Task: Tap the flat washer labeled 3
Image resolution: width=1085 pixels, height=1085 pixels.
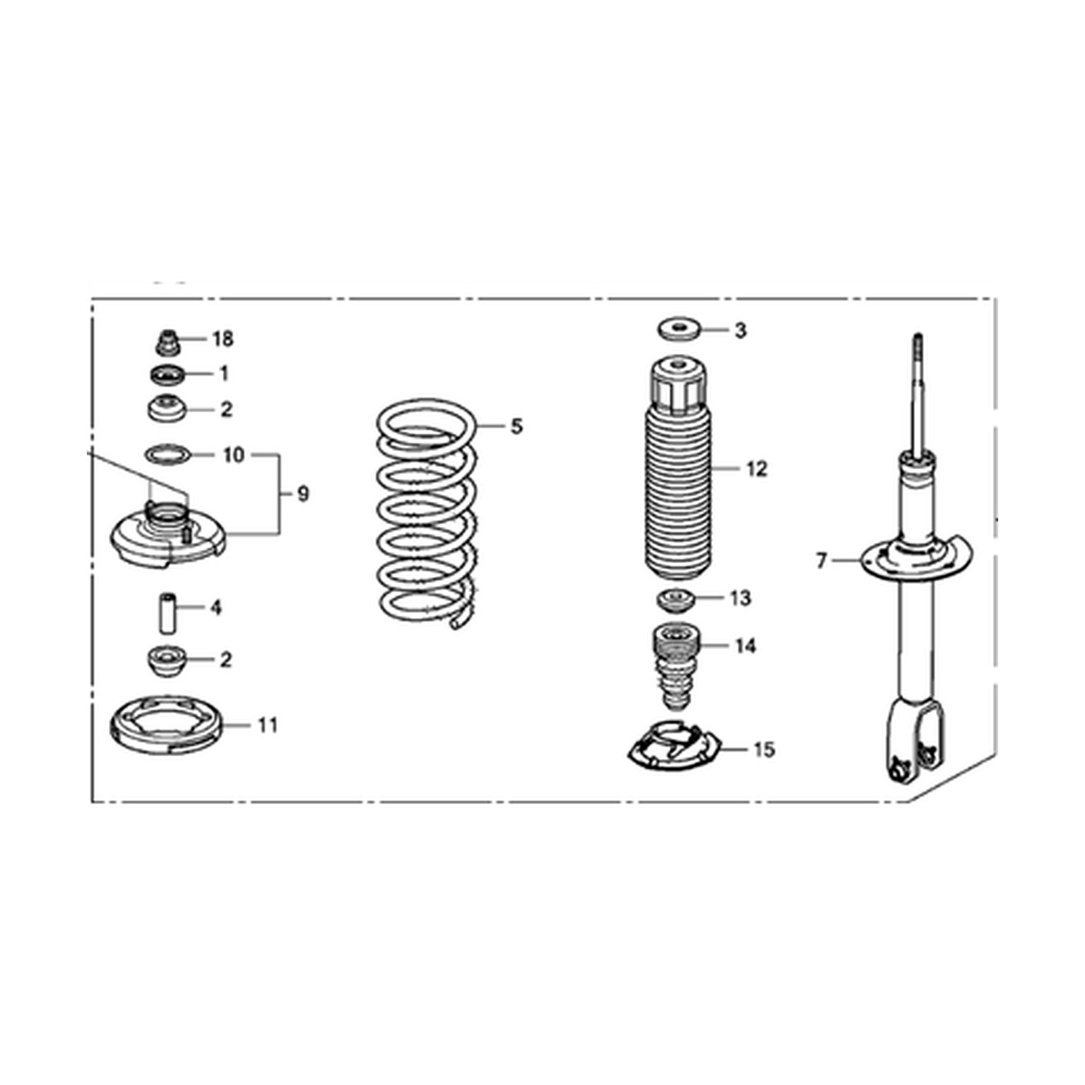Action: point(678,329)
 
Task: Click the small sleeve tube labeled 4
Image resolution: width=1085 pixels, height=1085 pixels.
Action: point(167,612)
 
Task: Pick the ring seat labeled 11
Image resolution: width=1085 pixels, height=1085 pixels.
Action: point(166,725)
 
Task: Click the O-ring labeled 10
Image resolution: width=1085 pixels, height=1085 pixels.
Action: point(167,454)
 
